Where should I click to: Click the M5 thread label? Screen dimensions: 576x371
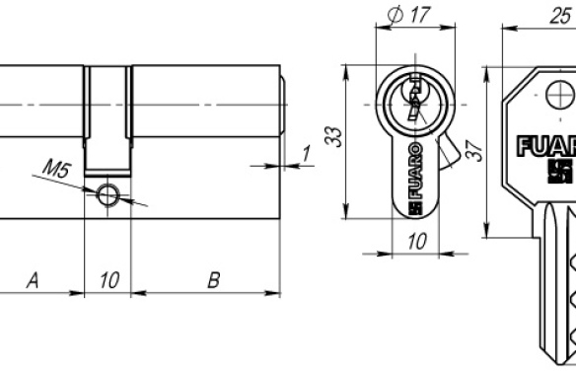(56, 169)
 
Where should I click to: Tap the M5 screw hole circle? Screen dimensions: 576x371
(108, 194)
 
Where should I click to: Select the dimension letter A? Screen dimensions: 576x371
(34, 280)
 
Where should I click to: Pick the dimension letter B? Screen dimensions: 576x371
(214, 280)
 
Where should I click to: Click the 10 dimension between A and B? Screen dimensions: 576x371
(109, 280)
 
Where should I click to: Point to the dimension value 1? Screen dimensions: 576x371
(306, 153)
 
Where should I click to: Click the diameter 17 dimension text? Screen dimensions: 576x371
(408, 15)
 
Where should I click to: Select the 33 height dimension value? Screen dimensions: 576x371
(334, 136)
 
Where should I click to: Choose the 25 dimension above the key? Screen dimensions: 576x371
(560, 16)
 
